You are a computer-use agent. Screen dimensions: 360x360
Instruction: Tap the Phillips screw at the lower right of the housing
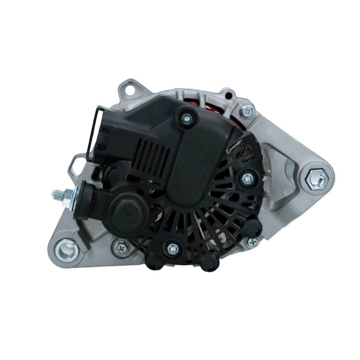252,242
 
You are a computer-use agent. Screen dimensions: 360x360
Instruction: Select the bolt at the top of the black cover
187,119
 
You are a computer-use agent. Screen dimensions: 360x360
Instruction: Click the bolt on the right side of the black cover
247,179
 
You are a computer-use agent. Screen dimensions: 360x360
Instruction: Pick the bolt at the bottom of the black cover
173,249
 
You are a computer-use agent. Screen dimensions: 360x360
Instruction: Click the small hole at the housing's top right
229,95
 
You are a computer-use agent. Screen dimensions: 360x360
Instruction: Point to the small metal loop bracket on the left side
76,165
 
